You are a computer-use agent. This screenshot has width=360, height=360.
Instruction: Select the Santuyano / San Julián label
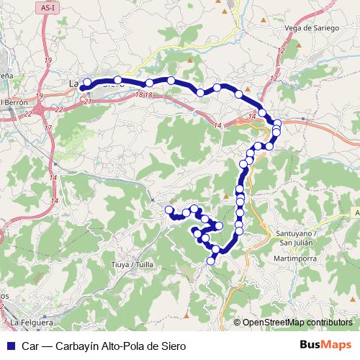point(295,237)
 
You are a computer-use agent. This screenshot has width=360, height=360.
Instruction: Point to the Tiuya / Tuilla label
point(134,264)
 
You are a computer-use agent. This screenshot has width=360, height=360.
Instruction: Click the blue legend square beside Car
point(9,346)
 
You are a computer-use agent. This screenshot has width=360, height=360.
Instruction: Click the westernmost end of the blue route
point(82,87)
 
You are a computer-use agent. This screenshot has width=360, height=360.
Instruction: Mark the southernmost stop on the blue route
point(211,261)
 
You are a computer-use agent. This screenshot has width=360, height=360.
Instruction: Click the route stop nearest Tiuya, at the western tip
point(169,210)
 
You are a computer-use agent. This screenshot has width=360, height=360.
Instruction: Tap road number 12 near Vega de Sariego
point(274,78)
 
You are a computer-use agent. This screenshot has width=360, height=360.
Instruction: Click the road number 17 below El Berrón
point(48,127)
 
